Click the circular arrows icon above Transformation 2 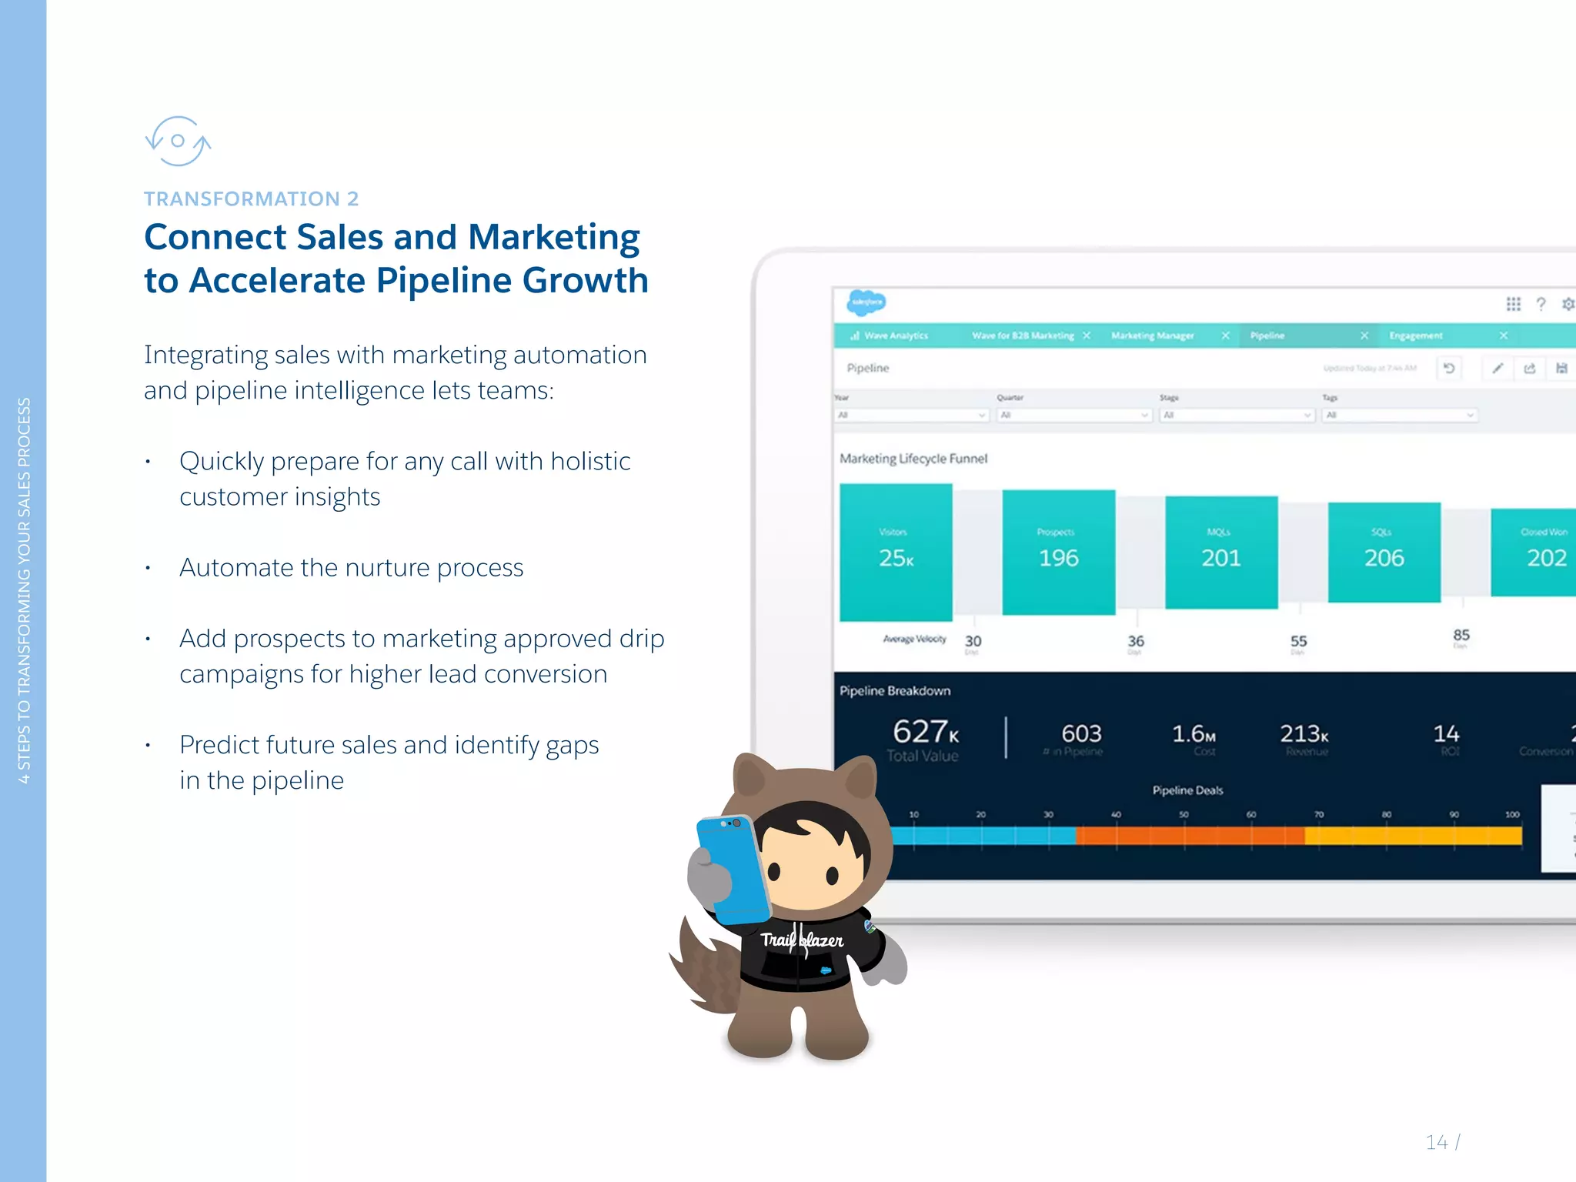pos(178,141)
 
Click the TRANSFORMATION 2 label pos(251,199)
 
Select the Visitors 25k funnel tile pos(896,552)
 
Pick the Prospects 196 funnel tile pos(1058,552)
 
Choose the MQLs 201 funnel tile pos(1221,552)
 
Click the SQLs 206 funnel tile pos(1384,552)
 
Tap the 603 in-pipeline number pos(1081,734)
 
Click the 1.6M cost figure pos(1193,734)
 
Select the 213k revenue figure pos(1304,734)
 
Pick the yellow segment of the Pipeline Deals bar pos(1413,836)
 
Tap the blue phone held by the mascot pos(731,870)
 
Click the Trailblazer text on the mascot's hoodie pos(802,940)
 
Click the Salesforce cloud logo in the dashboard pos(866,302)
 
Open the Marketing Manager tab pos(1152,336)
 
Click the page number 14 pos(1436,1142)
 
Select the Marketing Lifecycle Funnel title pos(913,459)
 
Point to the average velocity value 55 pos(1298,641)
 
